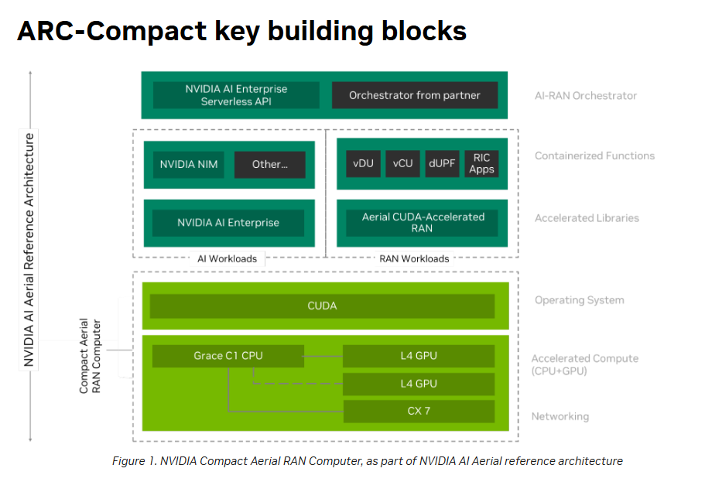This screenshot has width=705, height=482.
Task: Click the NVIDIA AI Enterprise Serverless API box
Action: [236, 95]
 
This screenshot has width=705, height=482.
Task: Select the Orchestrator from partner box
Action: [414, 95]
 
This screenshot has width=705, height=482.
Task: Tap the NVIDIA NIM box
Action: [188, 164]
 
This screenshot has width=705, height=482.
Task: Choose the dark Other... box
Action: [269, 164]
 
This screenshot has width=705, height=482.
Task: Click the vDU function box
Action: [363, 163]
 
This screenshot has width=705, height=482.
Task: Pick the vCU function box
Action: [402, 163]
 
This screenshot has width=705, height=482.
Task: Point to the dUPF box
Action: [442, 163]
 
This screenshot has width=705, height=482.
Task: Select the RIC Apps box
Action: [481, 163]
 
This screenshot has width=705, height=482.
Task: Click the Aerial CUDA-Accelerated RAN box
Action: [423, 222]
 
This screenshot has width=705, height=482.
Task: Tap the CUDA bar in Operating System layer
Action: [322, 306]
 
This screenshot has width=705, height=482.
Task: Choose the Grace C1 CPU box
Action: [228, 356]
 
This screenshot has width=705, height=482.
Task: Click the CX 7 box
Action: [419, 411]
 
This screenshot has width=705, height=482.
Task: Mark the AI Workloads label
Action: [228, 258]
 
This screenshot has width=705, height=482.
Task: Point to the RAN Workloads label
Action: [414, 258]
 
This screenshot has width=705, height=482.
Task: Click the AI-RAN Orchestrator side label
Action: [586, 96]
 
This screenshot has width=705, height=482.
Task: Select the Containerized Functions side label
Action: [594, 156]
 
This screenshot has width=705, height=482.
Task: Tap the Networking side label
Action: [560, 416]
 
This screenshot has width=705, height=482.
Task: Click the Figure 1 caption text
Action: [367, 461]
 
